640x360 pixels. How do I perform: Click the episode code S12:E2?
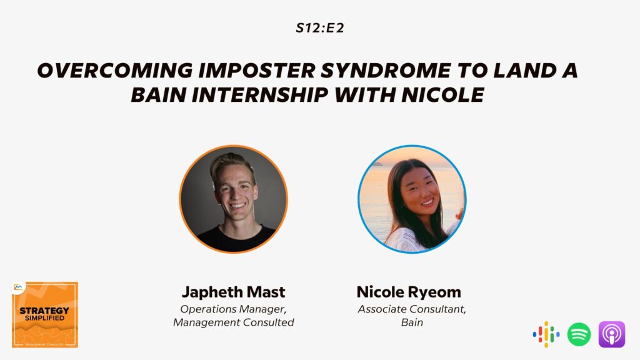pos(320,27)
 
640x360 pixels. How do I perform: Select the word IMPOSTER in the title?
pos(257,70)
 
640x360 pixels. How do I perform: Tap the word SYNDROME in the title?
pos(386,71)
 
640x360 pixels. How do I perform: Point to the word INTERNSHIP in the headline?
pos(260,95)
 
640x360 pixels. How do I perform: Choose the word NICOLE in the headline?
pos(443,95)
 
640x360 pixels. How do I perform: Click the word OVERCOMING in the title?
pos(115,70)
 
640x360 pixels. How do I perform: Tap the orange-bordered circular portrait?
pos(234,199)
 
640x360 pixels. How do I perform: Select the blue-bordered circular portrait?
pos(412,199)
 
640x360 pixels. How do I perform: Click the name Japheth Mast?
pos(234,292)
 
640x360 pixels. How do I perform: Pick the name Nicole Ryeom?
pos(409,292)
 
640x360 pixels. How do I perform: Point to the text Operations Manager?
pos(234,309)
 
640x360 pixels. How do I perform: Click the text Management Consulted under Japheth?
pos(234,322)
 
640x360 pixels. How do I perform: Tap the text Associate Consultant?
pos(412,309)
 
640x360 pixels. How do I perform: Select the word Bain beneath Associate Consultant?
pos(412,322)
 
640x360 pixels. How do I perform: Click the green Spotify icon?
pos(579,334)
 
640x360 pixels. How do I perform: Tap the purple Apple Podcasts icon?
pos(612,334)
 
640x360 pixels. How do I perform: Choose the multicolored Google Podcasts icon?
pos(546,334)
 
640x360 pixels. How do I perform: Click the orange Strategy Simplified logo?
pos(45,315)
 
